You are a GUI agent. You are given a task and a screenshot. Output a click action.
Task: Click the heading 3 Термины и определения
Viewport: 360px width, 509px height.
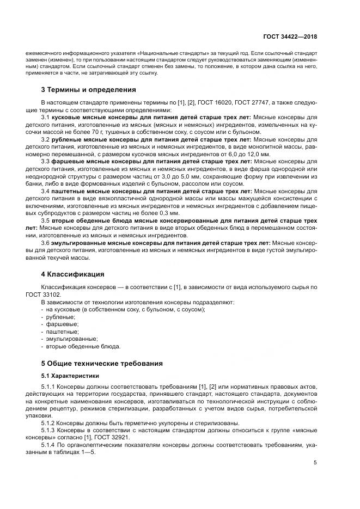click(x=88, y=89)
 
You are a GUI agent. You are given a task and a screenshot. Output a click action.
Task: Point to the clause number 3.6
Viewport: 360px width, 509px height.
click(x=46, y=242)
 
